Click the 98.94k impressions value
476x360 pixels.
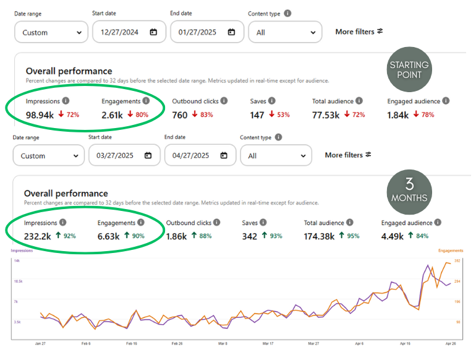click(41, 115)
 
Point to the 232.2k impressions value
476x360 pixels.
click(38, 236)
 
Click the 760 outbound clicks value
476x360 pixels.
click(180, 115)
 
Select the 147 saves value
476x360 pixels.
click(257, 115)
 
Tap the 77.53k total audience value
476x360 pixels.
click(326, 115)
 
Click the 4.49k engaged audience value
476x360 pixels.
click(393, 236)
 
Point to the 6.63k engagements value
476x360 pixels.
click(109, 236)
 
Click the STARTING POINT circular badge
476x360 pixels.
click(409, 70)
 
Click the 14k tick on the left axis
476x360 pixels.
click(17, 261)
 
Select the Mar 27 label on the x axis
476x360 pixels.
click(313, 343)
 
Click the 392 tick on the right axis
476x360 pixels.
click(458, 261)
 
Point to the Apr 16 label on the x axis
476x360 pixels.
click(405, 343)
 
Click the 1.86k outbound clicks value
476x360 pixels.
click(177, 236)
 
